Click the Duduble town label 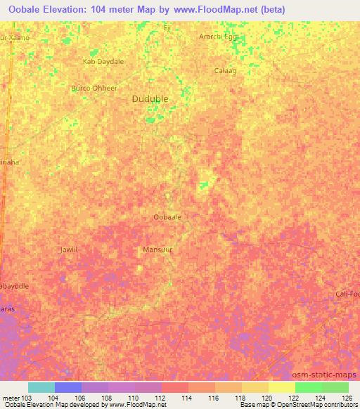[x=150, y=99]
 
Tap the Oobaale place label [x=167, y=217]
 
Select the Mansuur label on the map [x=157, y=249]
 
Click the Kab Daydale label [x=103, y=62]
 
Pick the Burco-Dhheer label [x=94, y=89]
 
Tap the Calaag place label [x=225, y=70]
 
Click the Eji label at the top [x=167, y=27]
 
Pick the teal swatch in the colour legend [x=41, y=387]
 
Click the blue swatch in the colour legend [x=68, y=387]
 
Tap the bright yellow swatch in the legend [x=282, y=387]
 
